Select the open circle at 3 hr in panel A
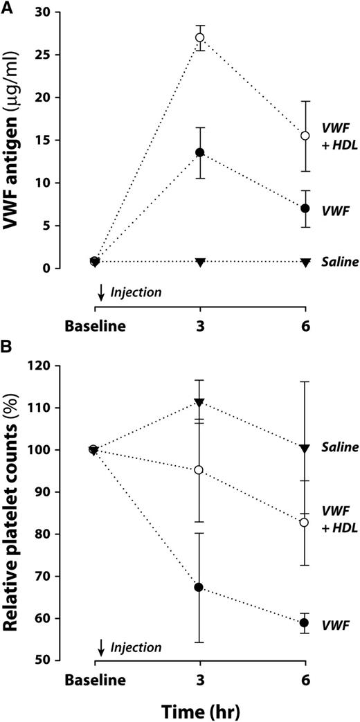click(x=200, y=37)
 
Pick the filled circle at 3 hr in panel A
click(x=200, y=152)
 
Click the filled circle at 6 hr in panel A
click(x=305, y=208)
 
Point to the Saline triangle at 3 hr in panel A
click(x=200, y=262)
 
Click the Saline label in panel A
click(x=339, y=262)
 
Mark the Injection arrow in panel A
click(x=102, y=293)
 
